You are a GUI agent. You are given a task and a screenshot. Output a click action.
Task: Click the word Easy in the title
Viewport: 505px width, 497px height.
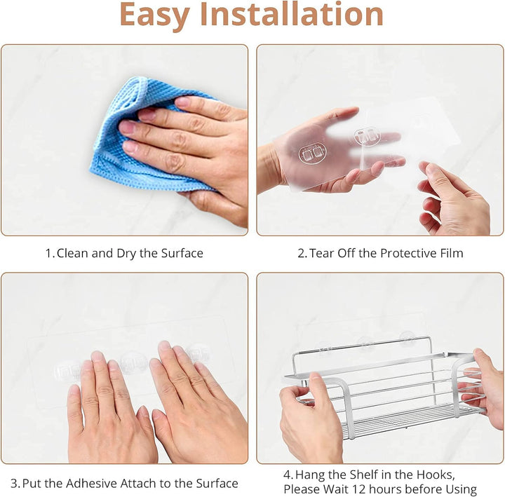tap(154, 16)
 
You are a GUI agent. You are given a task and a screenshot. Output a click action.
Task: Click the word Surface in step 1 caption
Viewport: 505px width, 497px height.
tap(182, 253)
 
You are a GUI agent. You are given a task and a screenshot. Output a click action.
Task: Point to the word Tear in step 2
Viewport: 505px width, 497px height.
tap(322, 253)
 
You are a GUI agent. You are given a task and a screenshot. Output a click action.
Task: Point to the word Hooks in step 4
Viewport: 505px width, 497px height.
tap(436, 475)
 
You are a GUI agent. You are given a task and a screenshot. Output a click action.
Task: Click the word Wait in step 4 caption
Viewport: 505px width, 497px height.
tap(336, 489)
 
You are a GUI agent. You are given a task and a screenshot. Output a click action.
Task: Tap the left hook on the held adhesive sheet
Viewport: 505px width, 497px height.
tap(312, 154)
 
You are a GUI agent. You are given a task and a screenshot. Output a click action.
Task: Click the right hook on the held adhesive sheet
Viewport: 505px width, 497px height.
tap(367, 136)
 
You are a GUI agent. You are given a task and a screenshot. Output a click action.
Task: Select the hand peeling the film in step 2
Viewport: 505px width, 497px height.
tap(454, 198)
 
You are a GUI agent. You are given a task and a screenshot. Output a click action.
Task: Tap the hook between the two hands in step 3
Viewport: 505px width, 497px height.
tap(134, 363)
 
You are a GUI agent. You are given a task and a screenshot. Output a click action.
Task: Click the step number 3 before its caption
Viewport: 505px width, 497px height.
tap(14, 484)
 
